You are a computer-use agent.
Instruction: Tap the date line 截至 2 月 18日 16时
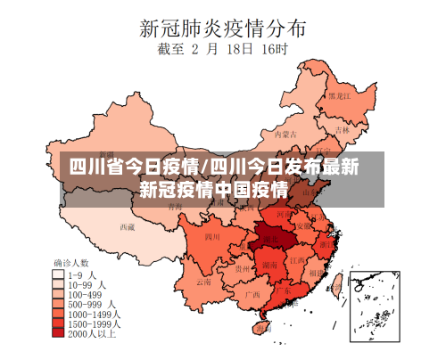(x=222, y=50)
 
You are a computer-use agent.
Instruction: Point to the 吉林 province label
(x=343, y=128)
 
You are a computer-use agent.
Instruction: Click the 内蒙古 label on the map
(x=282, y=135)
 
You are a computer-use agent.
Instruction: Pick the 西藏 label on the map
(x=127, y=226)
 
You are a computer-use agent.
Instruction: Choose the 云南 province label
(x=204, y=281)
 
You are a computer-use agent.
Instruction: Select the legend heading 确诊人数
(x=71, y=264)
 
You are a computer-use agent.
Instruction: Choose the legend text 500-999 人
(x=88, y=304)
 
